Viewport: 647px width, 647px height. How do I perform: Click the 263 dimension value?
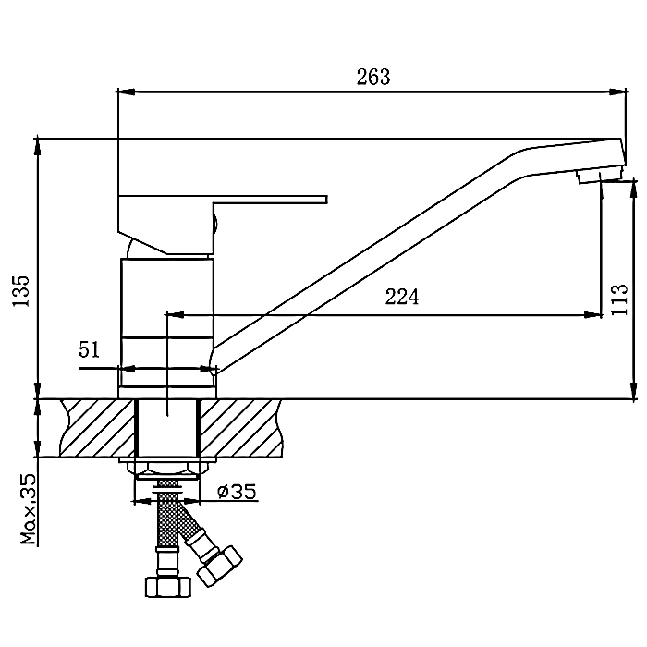[373, 77]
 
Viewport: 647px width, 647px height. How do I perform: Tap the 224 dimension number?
[401, 297]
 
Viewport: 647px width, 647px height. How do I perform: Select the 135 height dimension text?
[21, 290]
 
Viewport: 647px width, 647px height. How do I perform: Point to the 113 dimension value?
[619, 299]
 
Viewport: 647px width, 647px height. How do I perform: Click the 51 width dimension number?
[89, 350]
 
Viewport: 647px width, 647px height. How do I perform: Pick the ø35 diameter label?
[237, 491]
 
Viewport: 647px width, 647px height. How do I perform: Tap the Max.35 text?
[29, 509]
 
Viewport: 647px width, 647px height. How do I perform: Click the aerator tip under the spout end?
[599, 177]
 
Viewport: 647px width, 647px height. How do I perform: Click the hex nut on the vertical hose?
[168, 586]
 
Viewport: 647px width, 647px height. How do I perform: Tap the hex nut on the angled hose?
[220, 566]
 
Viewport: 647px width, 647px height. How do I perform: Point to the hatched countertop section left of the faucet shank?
[97, 428]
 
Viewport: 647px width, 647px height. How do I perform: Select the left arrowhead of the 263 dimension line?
[127, 92]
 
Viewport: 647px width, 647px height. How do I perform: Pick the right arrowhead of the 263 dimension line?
[617, 92]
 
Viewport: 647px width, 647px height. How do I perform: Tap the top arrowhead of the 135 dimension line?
[38, 147]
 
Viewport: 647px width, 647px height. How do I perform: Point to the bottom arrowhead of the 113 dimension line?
[633, 390]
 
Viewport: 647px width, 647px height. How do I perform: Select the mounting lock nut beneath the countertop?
[167, 470]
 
